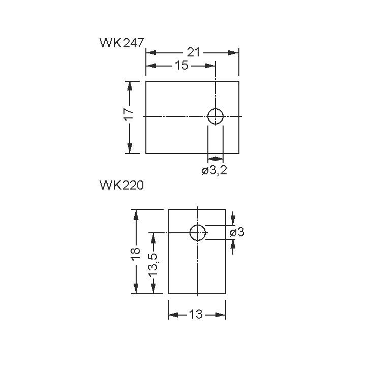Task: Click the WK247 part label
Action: [122, 43]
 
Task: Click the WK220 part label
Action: [122, 185]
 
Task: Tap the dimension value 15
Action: [181, 66]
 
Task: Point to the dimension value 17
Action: [129, 114]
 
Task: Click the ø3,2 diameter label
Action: [214, 171]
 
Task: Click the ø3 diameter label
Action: [237, 232]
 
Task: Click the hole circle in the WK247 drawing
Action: [215, 116]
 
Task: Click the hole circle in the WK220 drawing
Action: [198, 232]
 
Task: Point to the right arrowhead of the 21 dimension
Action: [233, 52]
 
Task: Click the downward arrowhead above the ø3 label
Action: [233, 220]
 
